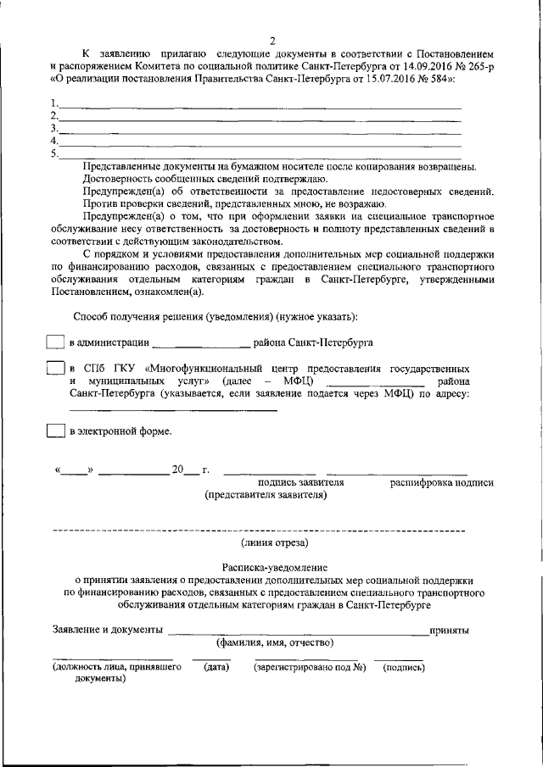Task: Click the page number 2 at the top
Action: [273, 42]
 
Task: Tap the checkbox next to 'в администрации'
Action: [54, 342]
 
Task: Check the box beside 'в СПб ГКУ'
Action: [54, 370]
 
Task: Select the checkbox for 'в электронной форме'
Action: [54, 431]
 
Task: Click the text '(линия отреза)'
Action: [274, 542]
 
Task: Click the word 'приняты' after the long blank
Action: [450, 631]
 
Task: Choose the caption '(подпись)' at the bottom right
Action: [404, 667]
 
